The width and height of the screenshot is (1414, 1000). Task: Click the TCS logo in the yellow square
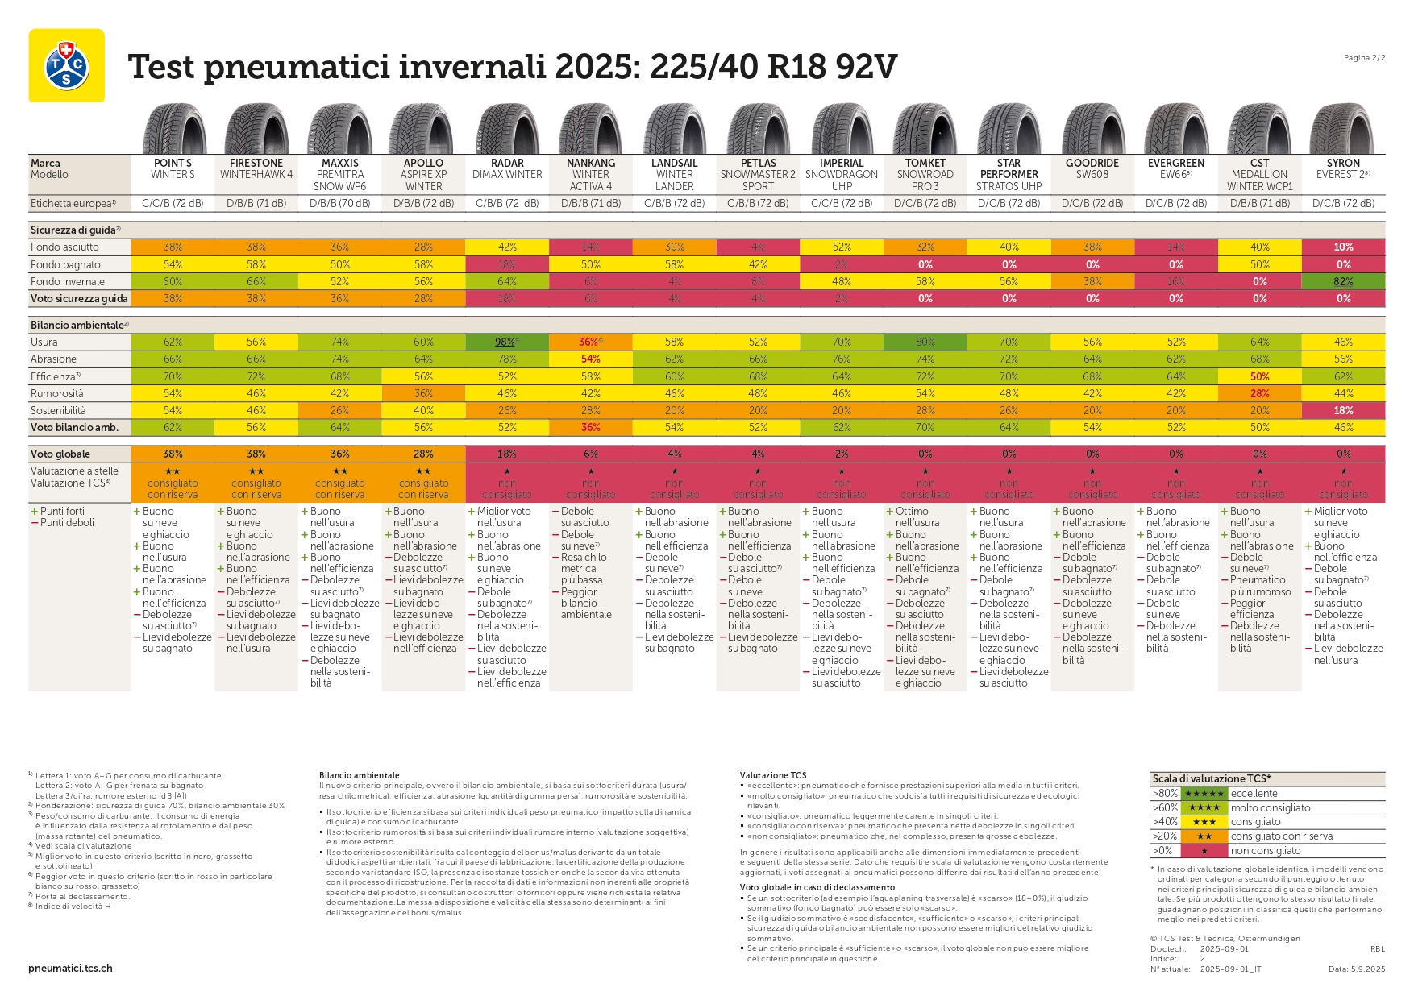66,65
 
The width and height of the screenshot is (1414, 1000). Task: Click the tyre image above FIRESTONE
256,129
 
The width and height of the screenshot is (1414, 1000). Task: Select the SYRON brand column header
1343,163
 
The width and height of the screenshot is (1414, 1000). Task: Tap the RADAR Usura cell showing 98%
506,342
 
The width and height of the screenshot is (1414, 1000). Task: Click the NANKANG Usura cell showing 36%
590,342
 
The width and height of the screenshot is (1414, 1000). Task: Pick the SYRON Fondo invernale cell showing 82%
1343,281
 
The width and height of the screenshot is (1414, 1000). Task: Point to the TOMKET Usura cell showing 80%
925,342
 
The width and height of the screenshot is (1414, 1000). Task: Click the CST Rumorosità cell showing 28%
1259,393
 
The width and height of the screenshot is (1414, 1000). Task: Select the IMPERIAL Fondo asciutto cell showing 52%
842,247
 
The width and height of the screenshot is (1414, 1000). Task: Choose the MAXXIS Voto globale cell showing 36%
340,454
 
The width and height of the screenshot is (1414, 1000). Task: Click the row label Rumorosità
57,393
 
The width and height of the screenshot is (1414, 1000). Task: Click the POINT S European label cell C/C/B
173,203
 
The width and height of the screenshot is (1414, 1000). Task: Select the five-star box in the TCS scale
1204,793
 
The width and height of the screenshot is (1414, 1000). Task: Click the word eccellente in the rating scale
1254,793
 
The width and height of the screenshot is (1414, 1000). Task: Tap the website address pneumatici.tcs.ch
70,968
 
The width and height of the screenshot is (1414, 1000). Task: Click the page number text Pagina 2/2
1364,57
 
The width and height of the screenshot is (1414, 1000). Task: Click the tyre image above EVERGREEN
1176,129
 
